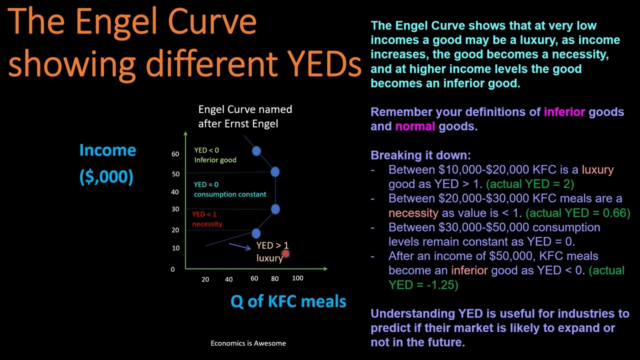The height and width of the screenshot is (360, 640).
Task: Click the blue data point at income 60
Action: (x=256, y=150)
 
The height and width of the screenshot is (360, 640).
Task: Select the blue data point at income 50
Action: (x=275, y=172)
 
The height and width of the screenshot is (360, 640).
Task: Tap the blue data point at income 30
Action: (x=275, y=209)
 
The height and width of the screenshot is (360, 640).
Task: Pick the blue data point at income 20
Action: (x=256, y=233)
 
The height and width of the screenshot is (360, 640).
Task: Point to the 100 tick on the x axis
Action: (x=297, y=278)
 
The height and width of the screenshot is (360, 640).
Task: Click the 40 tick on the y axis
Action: (x=175, y=192)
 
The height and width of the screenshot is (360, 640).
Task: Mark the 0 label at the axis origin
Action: (x=172, y=269)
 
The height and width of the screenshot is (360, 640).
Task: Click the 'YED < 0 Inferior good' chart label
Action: (x=215, y=155)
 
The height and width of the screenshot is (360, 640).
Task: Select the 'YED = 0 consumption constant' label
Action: (x=230, y=189)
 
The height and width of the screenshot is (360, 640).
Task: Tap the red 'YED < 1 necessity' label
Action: (x=207, y=219)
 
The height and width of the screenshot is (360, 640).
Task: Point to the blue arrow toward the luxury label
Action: (x=239, y=245)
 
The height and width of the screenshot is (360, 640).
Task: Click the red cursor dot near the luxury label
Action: (x=285, y=254)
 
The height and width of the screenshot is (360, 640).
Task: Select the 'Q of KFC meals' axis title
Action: (x=288, y=301)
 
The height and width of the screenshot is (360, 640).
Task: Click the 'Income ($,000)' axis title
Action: (x=107, y=163)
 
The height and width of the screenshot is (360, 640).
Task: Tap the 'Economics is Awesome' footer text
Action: (x=248, y=343)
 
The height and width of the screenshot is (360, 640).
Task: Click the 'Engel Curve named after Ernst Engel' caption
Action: (x=245, y=116)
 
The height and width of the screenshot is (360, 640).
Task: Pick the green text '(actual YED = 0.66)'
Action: (x=578, y=213)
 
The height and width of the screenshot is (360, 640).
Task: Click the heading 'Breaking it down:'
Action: (x=420, y=155)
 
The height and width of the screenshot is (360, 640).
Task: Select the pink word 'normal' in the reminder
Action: (x=415, y=126)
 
